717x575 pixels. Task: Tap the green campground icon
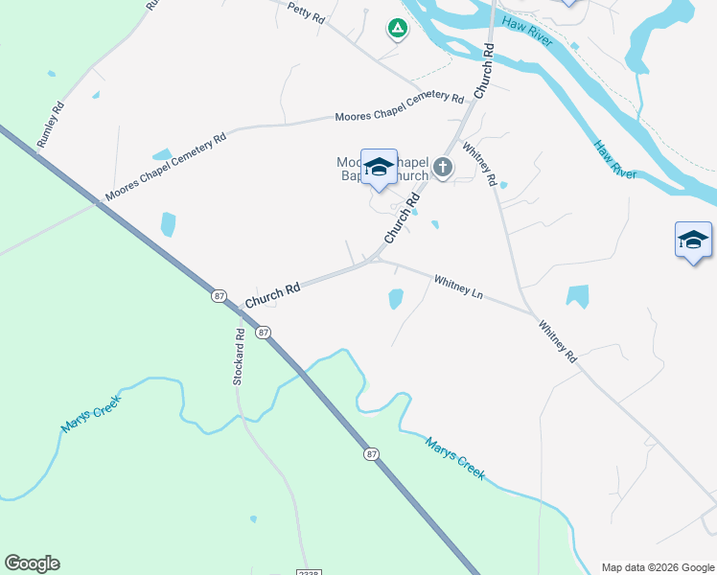[396, 29]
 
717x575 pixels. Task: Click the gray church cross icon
[442, 168]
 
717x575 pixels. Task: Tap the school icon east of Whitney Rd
[693, 240]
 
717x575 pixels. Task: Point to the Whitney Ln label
[458, 286]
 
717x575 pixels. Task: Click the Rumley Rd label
[51, 124]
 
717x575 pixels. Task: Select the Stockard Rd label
[240, 355]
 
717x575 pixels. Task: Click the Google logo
[32, 563]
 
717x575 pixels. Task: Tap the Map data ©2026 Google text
[658, 567]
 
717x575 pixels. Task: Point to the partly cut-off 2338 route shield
[308, 570]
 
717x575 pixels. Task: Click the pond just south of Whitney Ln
[395, 299]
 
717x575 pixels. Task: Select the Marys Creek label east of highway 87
[455, 458]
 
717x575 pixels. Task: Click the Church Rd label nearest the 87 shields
[272, 294]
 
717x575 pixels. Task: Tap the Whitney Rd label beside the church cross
[479, 164]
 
